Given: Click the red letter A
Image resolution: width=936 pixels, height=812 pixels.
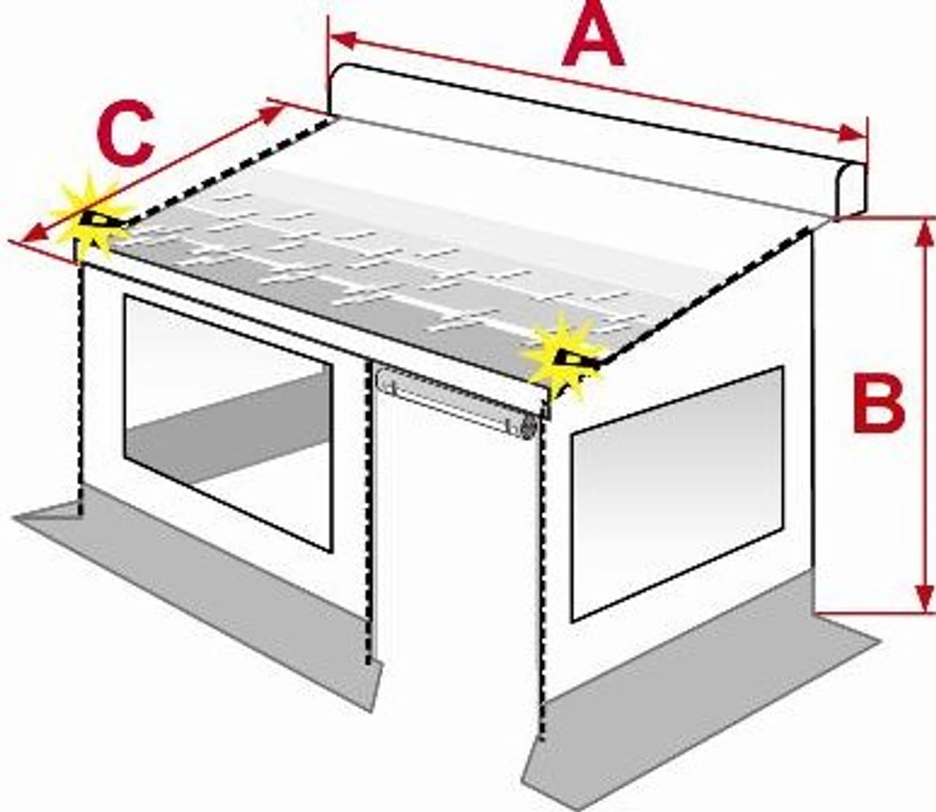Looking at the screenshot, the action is [593, 36].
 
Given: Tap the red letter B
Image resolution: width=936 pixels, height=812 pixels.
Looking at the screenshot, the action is [879, 402].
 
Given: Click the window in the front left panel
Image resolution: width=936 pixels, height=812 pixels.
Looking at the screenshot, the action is [227, 423].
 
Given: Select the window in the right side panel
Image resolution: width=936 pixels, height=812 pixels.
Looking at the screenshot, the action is [677, 494].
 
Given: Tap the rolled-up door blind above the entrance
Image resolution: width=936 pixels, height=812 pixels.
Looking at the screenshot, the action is [458, 398].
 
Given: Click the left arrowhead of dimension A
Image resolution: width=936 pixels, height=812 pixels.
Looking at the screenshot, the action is [342, 40].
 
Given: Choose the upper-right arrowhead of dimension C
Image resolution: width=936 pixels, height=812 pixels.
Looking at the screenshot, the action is [271, 114].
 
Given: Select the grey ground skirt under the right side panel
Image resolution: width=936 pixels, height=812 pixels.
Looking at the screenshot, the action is [700, 695].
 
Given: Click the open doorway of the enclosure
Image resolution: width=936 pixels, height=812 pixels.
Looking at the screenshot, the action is [458, 549].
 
